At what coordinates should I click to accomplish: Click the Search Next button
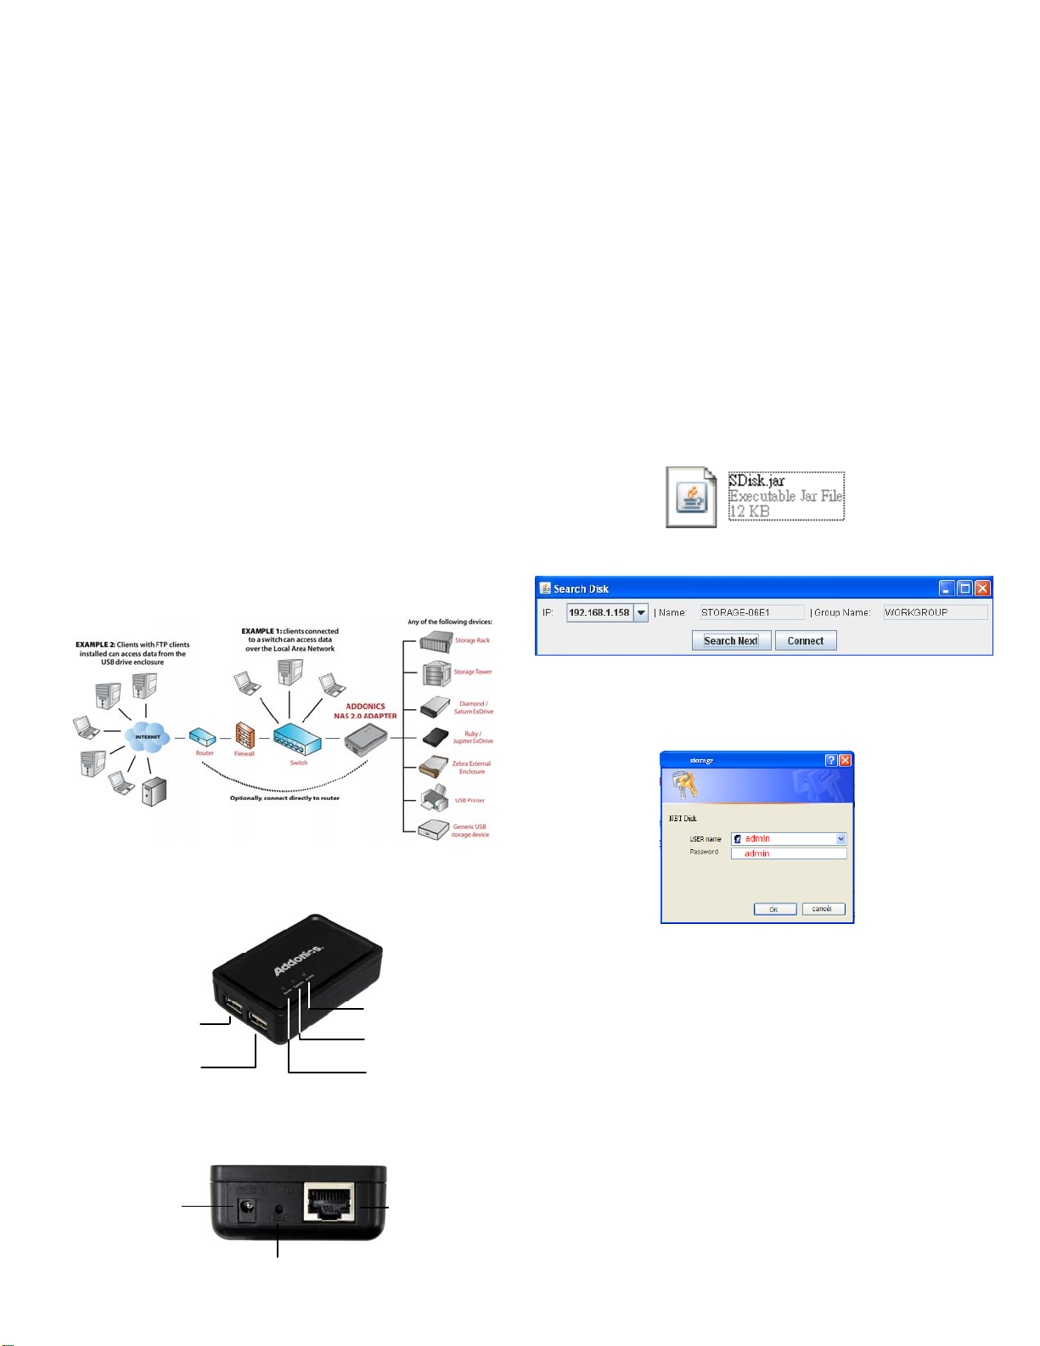pos(731,641)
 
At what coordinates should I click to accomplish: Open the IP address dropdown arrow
pos(641,612)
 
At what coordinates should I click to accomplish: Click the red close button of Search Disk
pos(982,589)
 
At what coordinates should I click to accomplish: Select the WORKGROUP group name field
pos(935,612)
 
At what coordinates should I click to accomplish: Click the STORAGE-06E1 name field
pos(751,612)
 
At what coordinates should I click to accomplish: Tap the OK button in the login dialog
pos(774,909)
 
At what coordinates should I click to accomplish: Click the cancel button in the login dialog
pos(823,909)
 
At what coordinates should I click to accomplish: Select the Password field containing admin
pos(789,853)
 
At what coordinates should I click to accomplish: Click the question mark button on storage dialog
pos(831,761)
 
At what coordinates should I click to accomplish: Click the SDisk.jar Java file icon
pos(690,497)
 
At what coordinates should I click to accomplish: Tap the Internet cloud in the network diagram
pos(147,736)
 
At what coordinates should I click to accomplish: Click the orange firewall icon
pos(245,735)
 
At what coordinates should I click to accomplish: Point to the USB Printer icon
pos(435,798)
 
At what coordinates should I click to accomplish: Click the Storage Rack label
pos(472,640)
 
